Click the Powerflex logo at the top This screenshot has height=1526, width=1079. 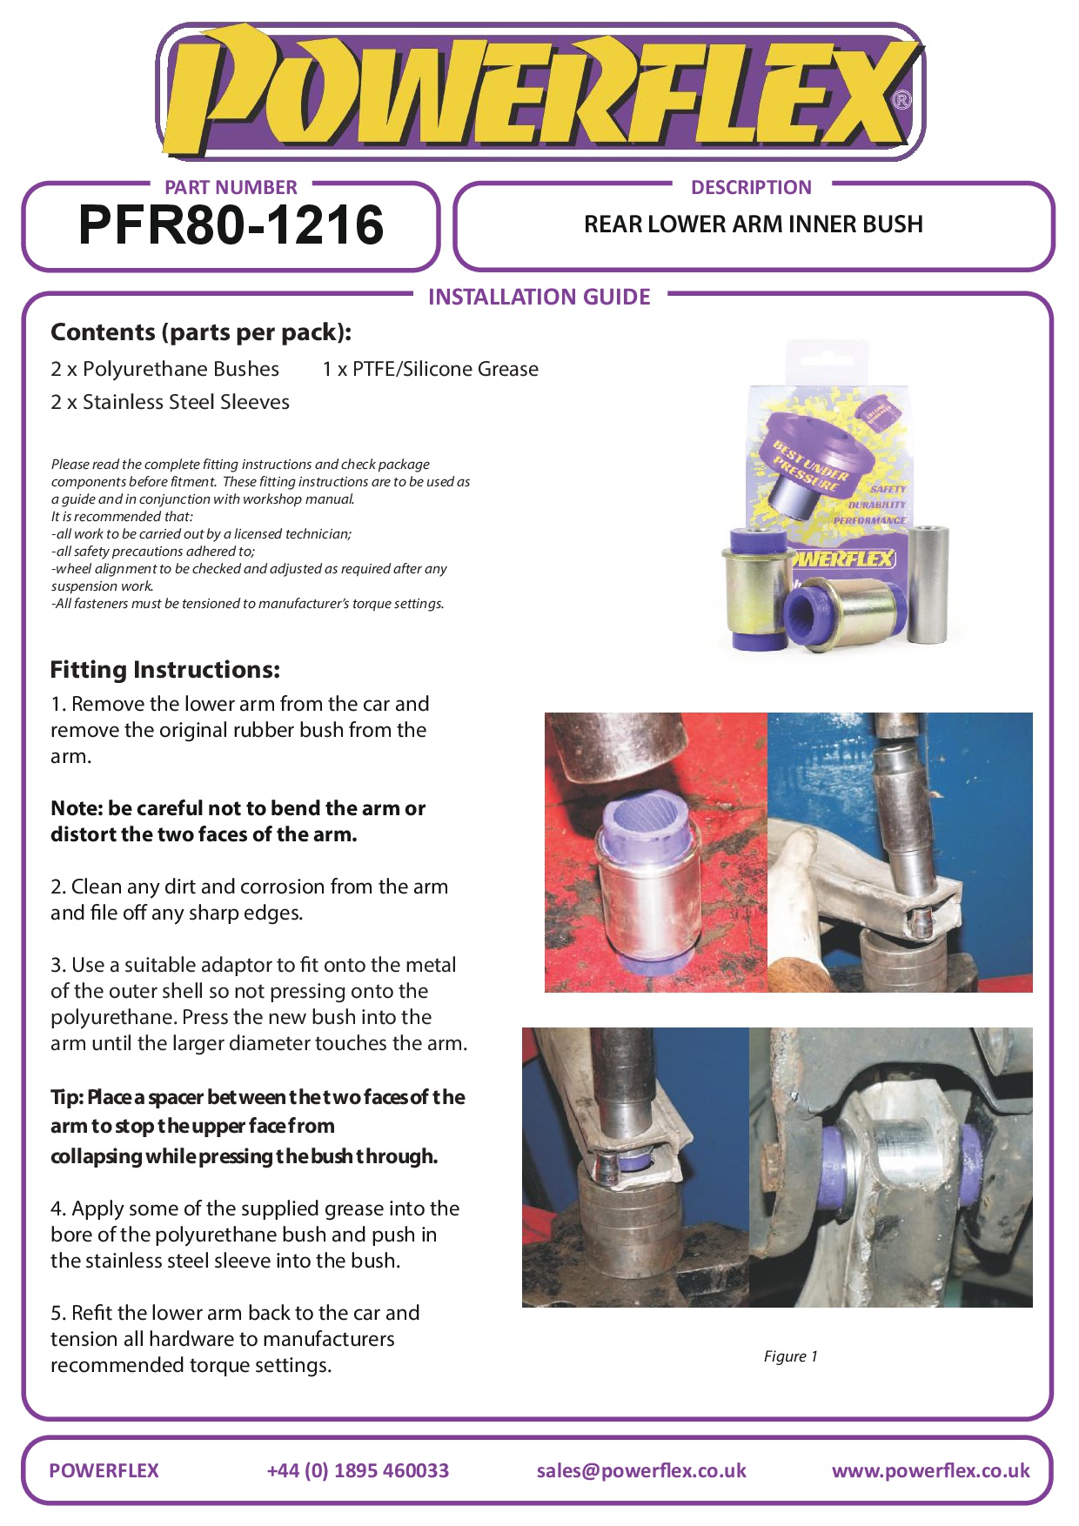tap(539, 92)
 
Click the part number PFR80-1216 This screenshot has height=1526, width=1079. tap(231, 225)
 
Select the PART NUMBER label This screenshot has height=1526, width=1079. tap(231, 187)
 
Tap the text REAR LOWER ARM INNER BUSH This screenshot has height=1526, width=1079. tap(753, 224)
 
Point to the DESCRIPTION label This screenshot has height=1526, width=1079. tap(751, 187)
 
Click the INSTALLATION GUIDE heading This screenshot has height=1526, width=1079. tap(539, 297)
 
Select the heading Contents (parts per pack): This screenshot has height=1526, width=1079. tap(201, 332)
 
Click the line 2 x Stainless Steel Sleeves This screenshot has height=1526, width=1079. tap(170, 402)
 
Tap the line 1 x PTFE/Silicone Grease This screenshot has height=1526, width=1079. tap(430, 369)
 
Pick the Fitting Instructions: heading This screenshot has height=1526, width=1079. tap(165, 670)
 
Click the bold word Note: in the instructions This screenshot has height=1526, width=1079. tap(77, 808)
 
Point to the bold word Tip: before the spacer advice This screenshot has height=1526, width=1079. tap(67, 1098)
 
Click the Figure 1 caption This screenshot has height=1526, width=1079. tap(790, 1356)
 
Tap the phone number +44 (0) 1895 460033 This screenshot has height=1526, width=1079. tap(358, 1470)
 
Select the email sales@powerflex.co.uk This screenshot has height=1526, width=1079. tap(641, 1470)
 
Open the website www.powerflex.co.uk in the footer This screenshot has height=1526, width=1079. tap(931, 1470)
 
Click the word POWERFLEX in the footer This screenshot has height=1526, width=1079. tap(104, 1470)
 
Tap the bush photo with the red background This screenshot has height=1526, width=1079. tap(656, 853)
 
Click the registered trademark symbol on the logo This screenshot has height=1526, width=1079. tap(902, 100)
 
